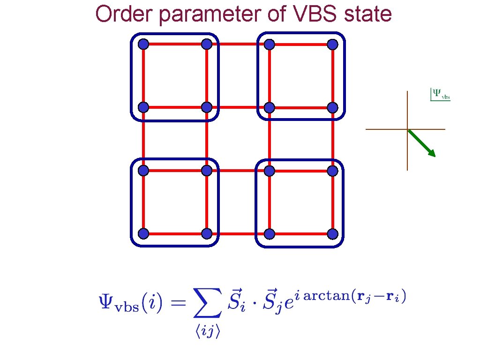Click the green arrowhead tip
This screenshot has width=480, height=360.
434,155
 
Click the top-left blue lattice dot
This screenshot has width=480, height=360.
143,45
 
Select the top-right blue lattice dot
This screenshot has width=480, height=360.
332,45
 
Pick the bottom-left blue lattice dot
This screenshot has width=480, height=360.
143,233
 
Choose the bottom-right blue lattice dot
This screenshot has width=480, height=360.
332,233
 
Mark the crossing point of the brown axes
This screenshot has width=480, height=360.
407,129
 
